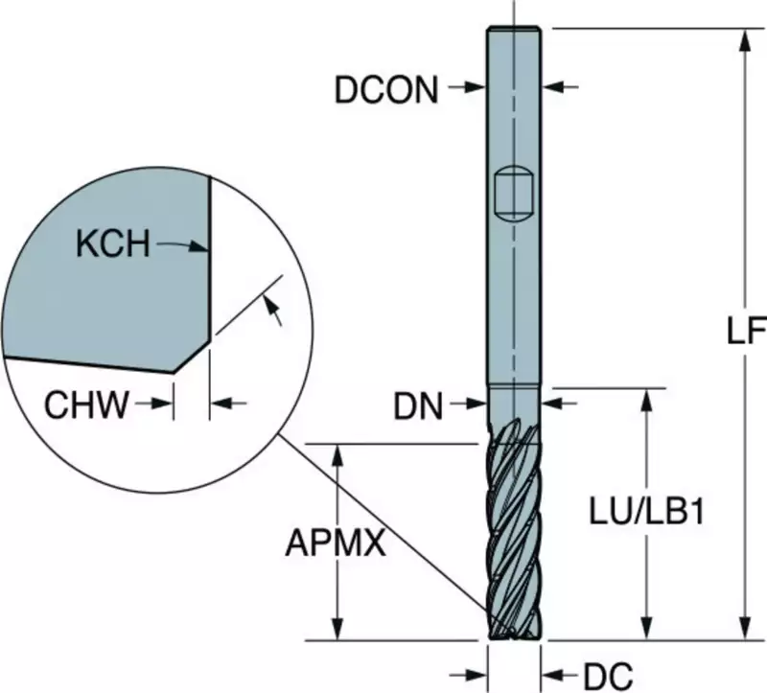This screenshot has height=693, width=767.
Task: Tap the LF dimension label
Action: (744, 331)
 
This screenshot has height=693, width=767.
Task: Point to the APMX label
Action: (336, 543)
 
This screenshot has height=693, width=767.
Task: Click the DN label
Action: (418, 407)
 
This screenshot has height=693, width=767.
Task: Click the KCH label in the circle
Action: (113, 245)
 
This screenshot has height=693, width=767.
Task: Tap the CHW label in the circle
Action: (86, 405)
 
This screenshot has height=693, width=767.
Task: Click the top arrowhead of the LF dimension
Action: (744, 39)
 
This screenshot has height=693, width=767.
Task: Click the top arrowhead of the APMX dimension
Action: (336, 452)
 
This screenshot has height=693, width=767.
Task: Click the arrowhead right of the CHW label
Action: (165, 405)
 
